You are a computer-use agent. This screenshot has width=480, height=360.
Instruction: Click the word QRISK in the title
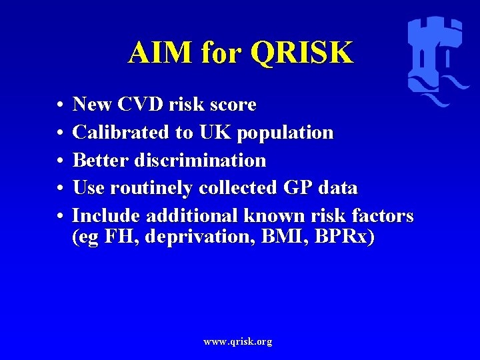[301, 52]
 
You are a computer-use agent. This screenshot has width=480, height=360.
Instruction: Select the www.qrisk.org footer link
[238, 341]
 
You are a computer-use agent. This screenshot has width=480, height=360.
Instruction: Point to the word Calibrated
[121, 133]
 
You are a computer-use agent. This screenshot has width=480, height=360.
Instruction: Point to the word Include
[106, 216]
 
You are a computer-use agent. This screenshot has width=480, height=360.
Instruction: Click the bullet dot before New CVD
[60, 105]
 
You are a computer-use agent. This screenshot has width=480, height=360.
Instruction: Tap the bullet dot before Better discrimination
[60, 161]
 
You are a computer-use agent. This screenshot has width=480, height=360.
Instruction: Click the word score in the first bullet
[233, 105]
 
